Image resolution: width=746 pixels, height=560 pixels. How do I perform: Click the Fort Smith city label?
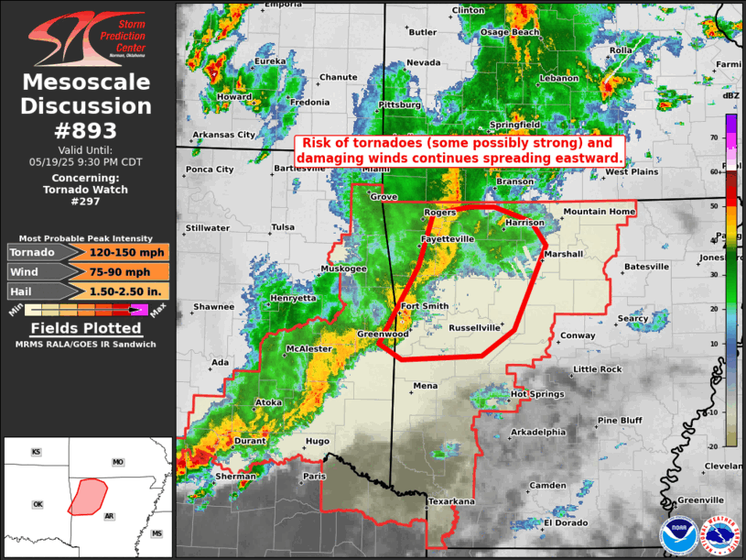(425, 306)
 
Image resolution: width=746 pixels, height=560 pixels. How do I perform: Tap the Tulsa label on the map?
(284, 227)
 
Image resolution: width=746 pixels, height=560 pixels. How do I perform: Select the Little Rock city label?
(597, 369)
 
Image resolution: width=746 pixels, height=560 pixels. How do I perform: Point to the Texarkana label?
(452, 501)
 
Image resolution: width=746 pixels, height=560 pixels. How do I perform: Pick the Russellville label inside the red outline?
(474, 327)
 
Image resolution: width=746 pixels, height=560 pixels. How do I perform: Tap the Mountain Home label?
(598, 212)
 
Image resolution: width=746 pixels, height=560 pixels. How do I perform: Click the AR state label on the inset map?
(109, 517)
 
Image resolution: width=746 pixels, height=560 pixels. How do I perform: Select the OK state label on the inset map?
(38, 504)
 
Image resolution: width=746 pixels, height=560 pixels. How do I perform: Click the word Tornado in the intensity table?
(33, 252)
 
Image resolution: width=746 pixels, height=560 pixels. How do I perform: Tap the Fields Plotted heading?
(86, 328)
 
